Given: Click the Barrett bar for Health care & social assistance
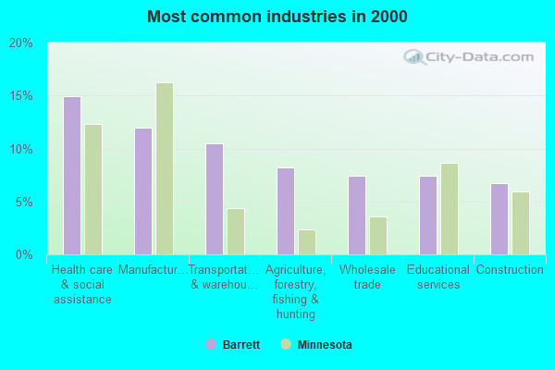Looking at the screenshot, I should pos(72,176).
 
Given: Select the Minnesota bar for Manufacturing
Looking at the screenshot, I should pos(165,168).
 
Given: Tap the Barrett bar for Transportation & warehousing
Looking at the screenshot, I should pos(215,199).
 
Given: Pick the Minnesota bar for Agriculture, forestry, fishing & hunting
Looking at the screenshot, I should pos(307,242).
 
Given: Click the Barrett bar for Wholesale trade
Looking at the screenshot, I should pos(357,216).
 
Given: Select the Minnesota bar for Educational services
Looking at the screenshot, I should pos(450,209).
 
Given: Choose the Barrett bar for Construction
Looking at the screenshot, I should pos(499,219).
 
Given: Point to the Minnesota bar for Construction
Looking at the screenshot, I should pos(521,223).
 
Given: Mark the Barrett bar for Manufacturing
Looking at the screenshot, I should pos(143,191).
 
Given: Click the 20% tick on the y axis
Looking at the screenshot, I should pos(21,43).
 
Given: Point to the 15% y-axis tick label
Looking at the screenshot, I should pos(21,96).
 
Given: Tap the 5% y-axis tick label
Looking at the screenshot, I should pos(24,203).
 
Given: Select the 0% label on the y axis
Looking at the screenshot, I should pos(24,255).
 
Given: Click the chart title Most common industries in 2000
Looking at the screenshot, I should pos(277,17).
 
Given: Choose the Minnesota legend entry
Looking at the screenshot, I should pos(316,345).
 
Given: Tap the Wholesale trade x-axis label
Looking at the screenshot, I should pos(367,277).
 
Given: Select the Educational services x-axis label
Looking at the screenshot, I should pos(438,277).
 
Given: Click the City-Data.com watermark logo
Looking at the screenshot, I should pos(470,57).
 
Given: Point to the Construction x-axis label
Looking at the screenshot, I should pos(510,270).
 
